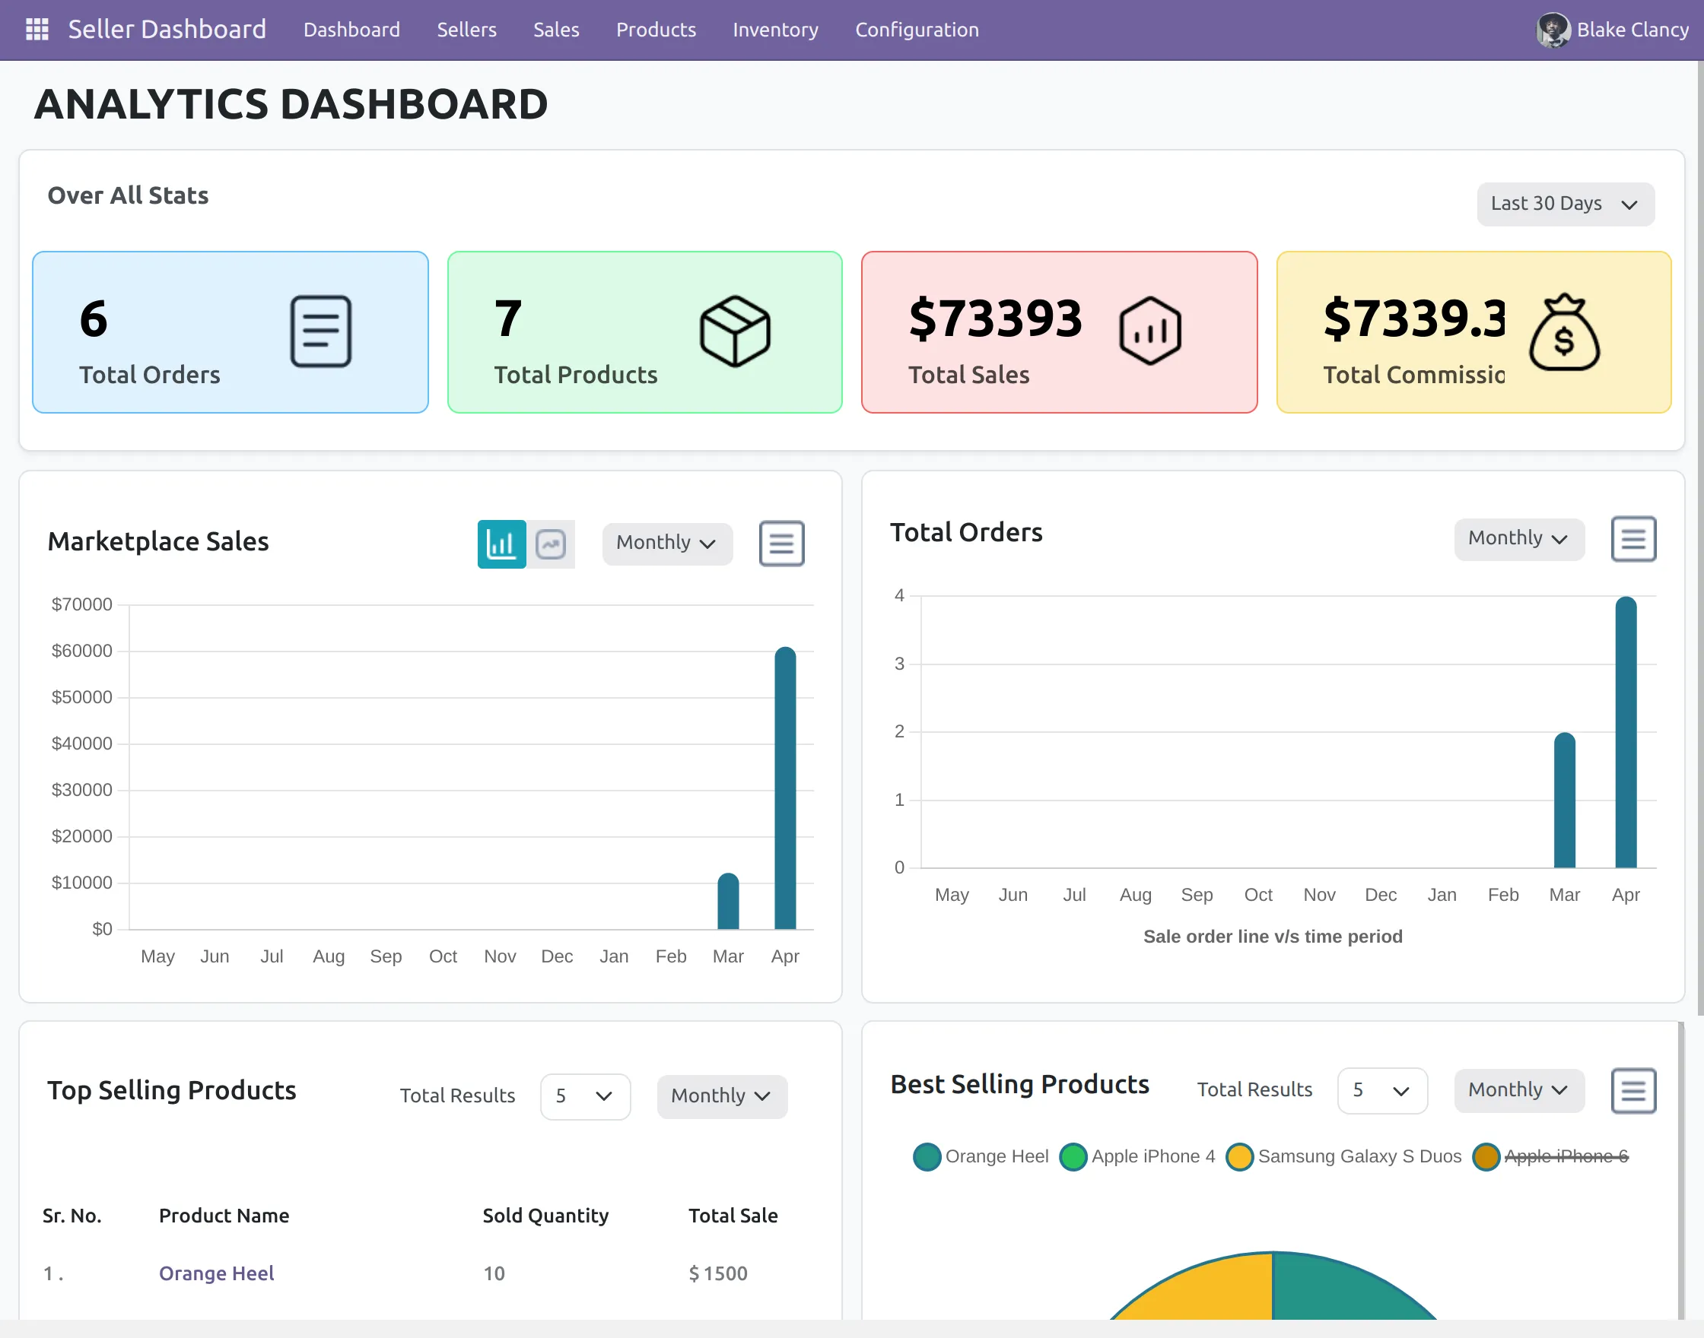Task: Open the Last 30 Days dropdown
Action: tap(1565, 204)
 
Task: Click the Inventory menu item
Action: tap(774, 30)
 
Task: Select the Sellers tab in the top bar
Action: tap(466, 30)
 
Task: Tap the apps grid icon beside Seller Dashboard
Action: tap(37, 30)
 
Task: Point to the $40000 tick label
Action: tap(81, 744)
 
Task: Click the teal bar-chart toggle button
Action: tap(501, 544)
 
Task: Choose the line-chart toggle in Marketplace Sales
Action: tap(551, 544)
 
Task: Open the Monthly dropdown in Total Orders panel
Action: tap(1518, 539)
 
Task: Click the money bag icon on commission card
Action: tap(1563, 332)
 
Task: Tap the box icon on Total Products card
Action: tap(734, 331)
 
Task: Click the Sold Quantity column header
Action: tap(545, 1215)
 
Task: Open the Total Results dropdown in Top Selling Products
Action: tap(585, 1095)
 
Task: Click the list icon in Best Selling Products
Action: tap(1632, 1089)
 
